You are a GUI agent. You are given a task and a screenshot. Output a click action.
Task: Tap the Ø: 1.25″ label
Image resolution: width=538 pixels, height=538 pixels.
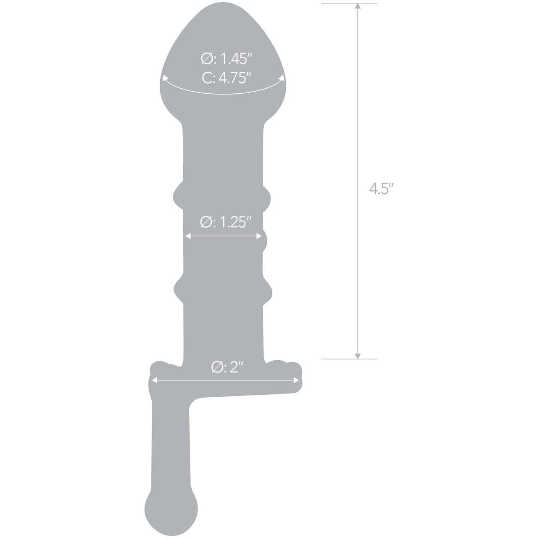[226, 222]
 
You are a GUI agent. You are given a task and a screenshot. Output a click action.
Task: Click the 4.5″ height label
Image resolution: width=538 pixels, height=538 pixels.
[380, 189]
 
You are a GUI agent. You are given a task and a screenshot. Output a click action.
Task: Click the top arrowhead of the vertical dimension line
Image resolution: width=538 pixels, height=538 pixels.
[358, 6]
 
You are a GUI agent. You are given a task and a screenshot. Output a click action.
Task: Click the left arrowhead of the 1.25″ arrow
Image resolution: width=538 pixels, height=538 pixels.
[188, 237]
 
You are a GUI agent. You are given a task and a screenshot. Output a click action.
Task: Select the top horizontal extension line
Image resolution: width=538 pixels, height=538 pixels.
[349, 3]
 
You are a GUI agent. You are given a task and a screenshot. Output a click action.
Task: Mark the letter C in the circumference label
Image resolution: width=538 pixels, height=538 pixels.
[206, 79]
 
